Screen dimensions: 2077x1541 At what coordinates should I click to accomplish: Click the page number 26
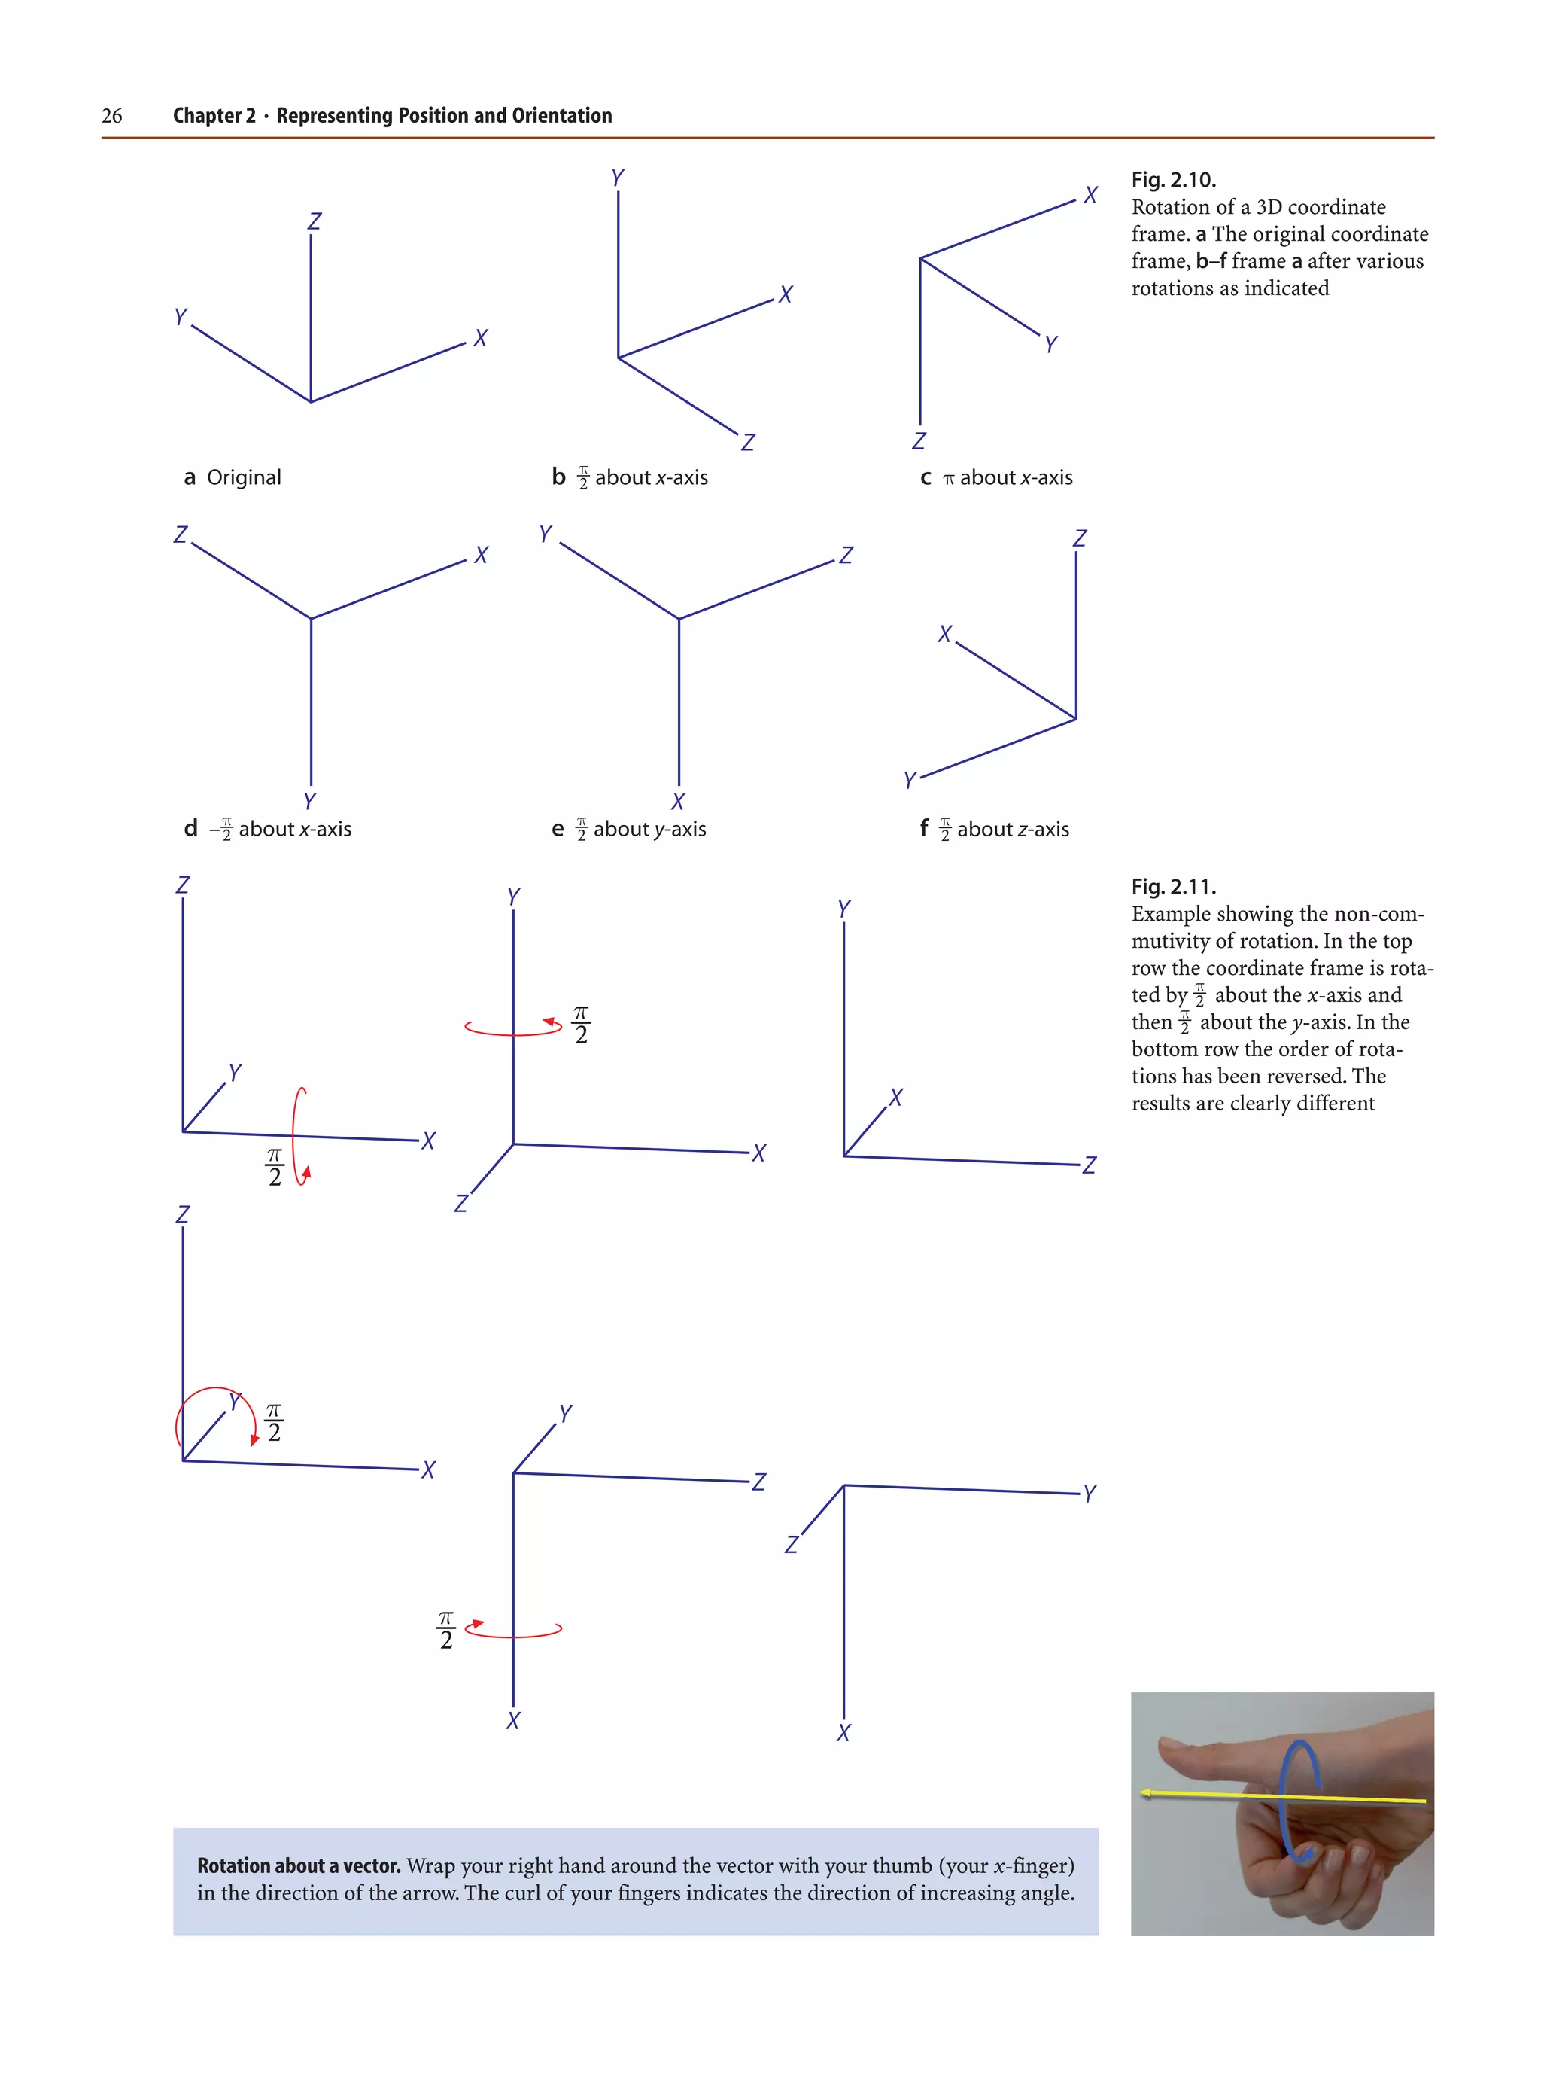tap(111, 116)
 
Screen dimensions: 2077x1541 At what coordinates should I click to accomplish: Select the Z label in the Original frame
tap(315, 221)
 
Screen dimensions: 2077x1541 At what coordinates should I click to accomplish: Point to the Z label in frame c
tap(919, 440)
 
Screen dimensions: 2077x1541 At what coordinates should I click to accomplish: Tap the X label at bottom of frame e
tap(677, 802)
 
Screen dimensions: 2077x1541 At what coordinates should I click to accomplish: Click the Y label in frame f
tap(910, 780)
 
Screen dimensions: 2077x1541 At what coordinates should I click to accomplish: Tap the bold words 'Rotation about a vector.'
tap(299, 1865)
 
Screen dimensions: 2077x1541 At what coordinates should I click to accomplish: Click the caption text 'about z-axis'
tap(1012, 829)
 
